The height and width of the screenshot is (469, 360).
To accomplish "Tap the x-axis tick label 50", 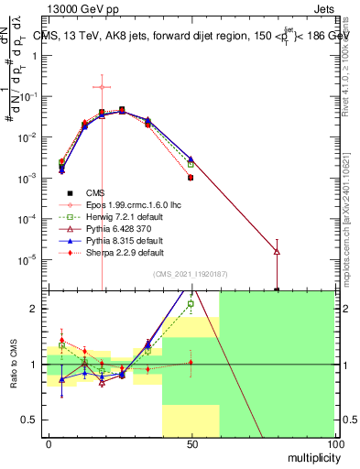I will click(x=191, y=443).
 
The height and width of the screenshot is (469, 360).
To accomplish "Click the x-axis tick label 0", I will click(x=48, y=443).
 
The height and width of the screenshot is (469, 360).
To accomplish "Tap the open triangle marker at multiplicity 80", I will click(x=277, y=251).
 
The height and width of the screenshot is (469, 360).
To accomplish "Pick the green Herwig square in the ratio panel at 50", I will click(x=191, y=304).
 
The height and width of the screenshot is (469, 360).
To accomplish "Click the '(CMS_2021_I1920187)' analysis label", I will click(x=190, y=274).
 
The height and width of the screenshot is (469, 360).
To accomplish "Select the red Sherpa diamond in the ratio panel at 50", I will click(x=191, y=363).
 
